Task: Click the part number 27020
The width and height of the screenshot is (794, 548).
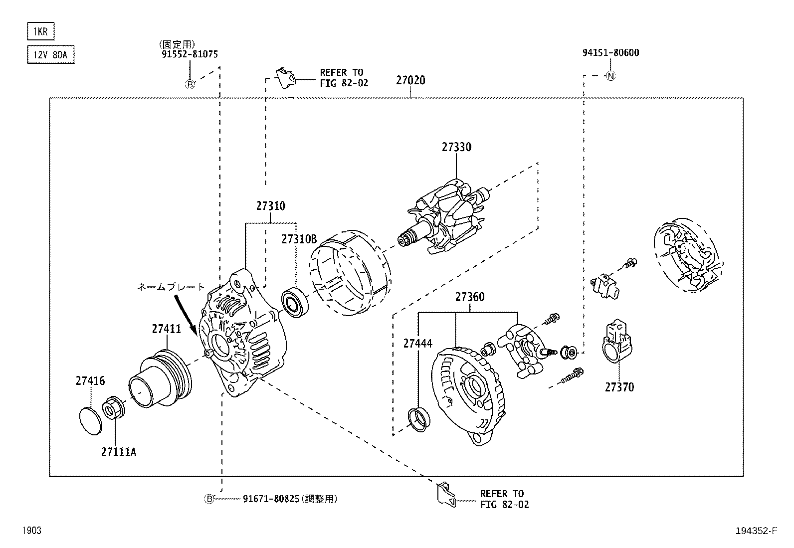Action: [410, 80]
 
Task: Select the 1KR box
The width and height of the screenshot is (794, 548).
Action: [40, 32]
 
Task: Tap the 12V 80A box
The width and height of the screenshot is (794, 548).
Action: [50, 55]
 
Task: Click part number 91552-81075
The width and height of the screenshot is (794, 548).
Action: [190, 54]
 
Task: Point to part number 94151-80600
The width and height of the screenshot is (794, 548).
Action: [610, 52]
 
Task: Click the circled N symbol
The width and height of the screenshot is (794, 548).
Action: [610, 76]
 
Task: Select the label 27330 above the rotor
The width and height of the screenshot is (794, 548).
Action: [456, 147]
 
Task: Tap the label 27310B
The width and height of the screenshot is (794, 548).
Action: [299, 239]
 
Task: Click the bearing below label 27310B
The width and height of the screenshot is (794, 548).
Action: [296, 303]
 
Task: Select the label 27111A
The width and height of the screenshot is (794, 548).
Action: [118, 452]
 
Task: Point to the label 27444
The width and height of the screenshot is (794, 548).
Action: [417, 343]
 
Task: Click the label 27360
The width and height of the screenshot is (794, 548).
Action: [469, 297]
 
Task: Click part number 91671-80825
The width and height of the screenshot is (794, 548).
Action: [272, 498]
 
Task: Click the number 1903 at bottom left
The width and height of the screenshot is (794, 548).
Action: [31, 531]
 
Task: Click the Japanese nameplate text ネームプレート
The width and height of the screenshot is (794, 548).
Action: [171, 287]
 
